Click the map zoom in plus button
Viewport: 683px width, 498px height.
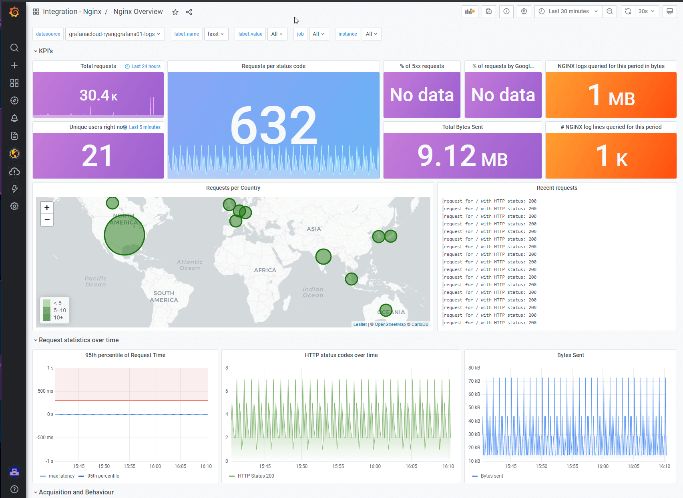point(47,208)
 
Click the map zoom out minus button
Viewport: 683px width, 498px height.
point(47,220)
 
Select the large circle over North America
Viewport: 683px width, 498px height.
point(124,235)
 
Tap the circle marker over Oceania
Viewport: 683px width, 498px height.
point(386,310)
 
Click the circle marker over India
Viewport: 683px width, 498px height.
point(323,256)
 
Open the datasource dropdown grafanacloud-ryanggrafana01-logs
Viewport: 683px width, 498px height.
point(114,34)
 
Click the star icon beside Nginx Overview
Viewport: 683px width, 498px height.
point(175,12)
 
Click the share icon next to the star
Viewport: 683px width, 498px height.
point(189,12)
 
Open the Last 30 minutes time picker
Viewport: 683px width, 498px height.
point(568,11)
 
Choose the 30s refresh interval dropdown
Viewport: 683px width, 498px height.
point(646,11)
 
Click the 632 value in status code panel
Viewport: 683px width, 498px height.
point(274,125)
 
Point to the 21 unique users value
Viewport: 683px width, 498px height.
point(97,156)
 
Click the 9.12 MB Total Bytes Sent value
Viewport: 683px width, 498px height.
point(462,156)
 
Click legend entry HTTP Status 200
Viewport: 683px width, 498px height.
point(255,476)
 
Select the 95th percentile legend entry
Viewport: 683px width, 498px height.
point(103,476)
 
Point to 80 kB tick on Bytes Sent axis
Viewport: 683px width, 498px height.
point(474,368)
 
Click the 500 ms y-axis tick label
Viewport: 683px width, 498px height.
point(45,391)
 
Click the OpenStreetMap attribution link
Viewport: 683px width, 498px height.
point(390,324)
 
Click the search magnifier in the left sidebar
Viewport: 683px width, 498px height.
point(14,48)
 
